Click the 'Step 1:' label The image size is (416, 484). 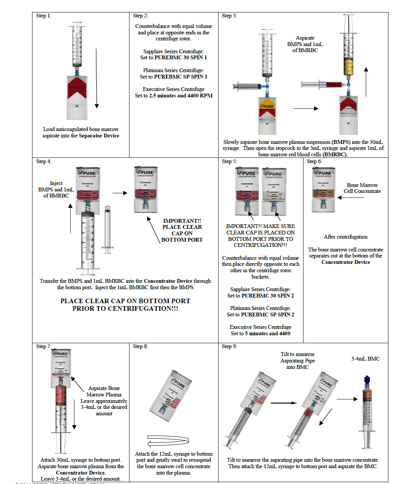[43, 15]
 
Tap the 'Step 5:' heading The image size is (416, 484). [229, 161]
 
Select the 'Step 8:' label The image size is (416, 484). [140, 346]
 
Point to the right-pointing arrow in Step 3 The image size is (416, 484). [305, 108]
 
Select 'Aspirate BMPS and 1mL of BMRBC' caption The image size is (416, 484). [305, 44]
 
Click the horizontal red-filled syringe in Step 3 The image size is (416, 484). [324, 85]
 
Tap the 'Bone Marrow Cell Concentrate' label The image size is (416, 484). [362, 188]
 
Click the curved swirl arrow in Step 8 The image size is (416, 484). [168, 441]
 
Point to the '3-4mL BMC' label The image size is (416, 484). [365, 359]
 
